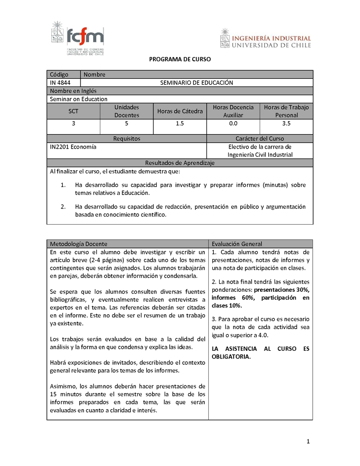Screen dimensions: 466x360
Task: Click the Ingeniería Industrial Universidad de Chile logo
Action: coord(265,38)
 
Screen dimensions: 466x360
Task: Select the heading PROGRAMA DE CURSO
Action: coord(180,59)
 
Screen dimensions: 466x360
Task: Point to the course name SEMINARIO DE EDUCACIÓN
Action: coord(197,82)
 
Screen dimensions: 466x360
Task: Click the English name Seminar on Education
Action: coord(79,99)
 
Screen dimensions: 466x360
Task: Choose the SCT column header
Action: coord(73,111)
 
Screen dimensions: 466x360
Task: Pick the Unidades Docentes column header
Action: coord(126,111)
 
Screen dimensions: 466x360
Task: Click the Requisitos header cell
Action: coord(126,139)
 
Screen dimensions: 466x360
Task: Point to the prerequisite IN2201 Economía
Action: coord(73,146)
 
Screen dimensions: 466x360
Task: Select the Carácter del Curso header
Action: coord(260,139)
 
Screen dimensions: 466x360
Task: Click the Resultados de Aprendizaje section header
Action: coord(180,163)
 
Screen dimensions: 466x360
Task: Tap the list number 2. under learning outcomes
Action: coord(63,207)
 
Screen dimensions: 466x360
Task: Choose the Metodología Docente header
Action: coord(79,244)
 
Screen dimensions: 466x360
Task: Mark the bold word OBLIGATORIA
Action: coord(231,357)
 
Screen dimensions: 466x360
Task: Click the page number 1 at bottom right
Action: coord(308,442)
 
